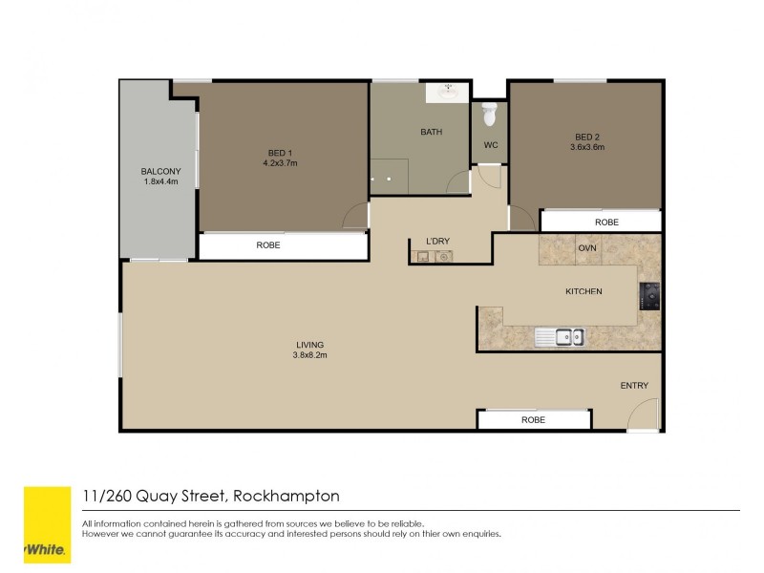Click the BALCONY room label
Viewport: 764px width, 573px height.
(161, 171)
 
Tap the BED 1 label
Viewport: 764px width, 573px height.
(280, 152)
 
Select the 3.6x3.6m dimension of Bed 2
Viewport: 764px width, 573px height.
(587, 147)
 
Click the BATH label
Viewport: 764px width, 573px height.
(431, 132)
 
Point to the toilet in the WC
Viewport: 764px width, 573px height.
(490, 114)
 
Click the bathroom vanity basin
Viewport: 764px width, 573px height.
(446, 94)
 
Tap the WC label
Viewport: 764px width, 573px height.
(491, 145)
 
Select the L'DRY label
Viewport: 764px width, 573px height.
(437, 240)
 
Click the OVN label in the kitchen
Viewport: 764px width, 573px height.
(587, 248)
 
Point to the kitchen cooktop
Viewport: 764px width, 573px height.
(651, 296)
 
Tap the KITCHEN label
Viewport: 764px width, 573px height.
(584, 291)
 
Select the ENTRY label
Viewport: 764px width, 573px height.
(634, 386)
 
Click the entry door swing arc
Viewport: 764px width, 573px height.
(644, 414)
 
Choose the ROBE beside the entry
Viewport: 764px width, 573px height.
(534, 419)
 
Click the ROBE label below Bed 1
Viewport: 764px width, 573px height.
(268, 245)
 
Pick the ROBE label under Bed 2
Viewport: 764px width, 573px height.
(606, 222)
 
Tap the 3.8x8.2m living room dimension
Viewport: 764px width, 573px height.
(309, 355)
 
